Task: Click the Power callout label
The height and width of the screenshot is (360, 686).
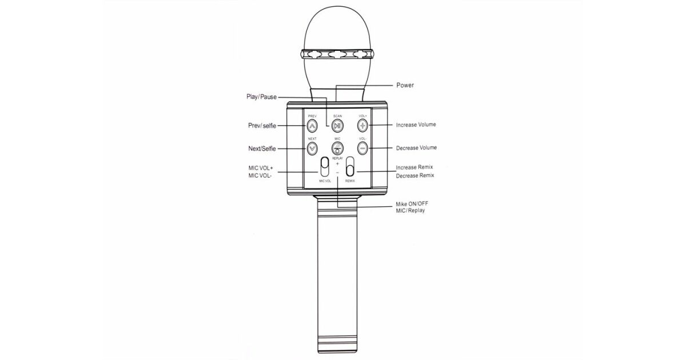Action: click(x=405, y=85)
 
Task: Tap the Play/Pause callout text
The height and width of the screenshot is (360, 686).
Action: click(x=262, y=97)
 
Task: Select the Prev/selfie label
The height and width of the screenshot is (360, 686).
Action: click(x=262, y=126)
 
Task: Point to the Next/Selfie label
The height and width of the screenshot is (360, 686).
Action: click(x=262, y=149)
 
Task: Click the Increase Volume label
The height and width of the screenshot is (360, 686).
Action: click(x=416, y=125)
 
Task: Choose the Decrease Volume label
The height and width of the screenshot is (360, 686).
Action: click(x=417, y=147)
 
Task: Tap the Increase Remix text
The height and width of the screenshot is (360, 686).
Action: click(x=414, y=167)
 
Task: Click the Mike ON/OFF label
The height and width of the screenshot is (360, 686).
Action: click(x=412, y=203)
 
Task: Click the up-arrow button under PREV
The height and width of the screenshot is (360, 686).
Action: click(x=312, y=126)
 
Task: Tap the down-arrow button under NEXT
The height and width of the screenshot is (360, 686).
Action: click(x=312, y=149)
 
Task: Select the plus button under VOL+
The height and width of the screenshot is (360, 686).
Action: click(x=362, y=125)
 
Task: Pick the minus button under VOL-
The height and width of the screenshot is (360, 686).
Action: click(x=362, y=149)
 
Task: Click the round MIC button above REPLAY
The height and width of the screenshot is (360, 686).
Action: click(x=337, y=149)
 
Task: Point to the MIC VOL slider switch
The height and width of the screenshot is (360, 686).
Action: click(x=325, y=167)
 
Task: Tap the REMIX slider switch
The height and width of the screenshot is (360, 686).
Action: click(x=350, y=167)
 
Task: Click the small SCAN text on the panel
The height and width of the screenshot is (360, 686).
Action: click(x=337, y=116)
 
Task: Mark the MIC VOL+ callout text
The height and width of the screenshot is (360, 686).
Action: click(x=261, y=168)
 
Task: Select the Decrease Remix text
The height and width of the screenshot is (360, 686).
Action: click(x=415, y=176)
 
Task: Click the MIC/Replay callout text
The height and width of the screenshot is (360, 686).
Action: click(x=410, y=211)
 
